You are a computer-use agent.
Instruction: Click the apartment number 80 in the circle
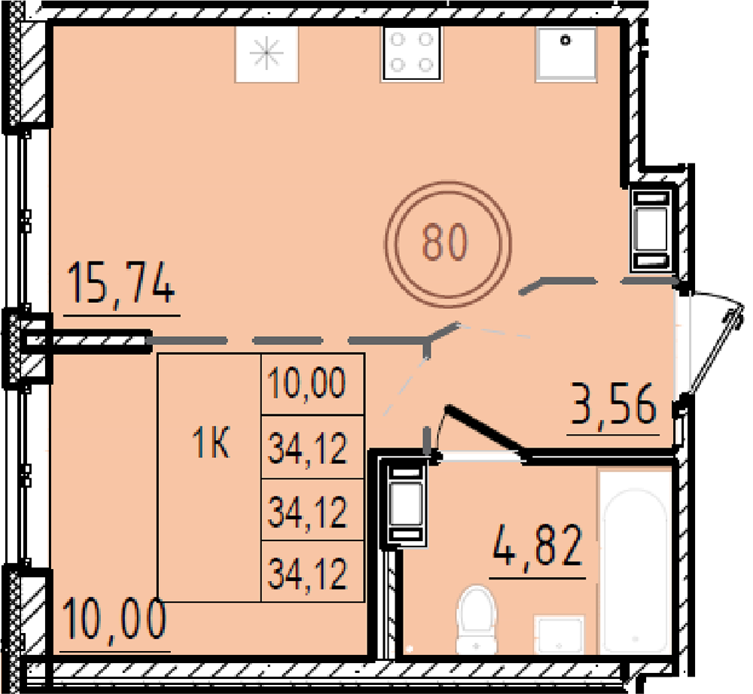[x=445, y=242]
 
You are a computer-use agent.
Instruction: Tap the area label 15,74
[x=121, y=283]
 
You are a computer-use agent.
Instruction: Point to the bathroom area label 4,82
[x=538, y=546]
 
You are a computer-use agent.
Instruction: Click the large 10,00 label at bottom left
[x=114, y=619]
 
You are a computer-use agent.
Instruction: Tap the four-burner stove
[x=412, y=53]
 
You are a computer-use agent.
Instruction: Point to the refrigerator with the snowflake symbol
[x=267, y=54]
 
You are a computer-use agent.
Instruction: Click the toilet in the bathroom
[x=476, y=619]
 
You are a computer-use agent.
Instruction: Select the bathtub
[x=635, y=562]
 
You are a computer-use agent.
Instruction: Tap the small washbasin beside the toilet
[x=559, y=634]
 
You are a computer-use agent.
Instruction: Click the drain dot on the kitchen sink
[x=566, y=41]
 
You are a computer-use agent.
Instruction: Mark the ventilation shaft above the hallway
[x=651, y=229]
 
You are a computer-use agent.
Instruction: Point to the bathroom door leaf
[x=486, y=430]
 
